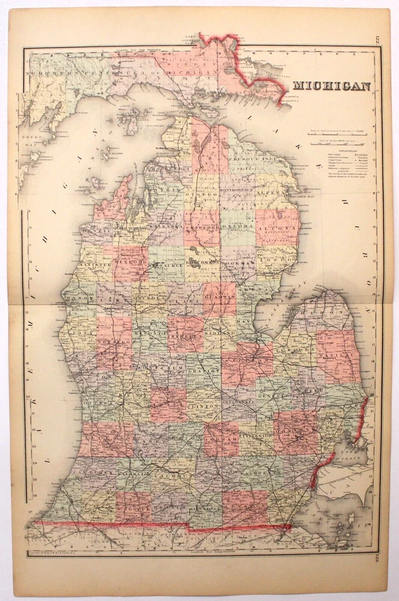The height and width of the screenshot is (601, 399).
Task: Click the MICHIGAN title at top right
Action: pyautogui.click(x=332, y=86)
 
